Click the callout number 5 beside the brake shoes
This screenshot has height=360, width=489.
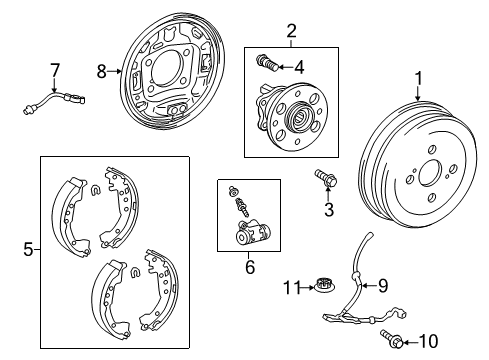[28, 250]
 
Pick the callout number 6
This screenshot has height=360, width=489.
[250, 267]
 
